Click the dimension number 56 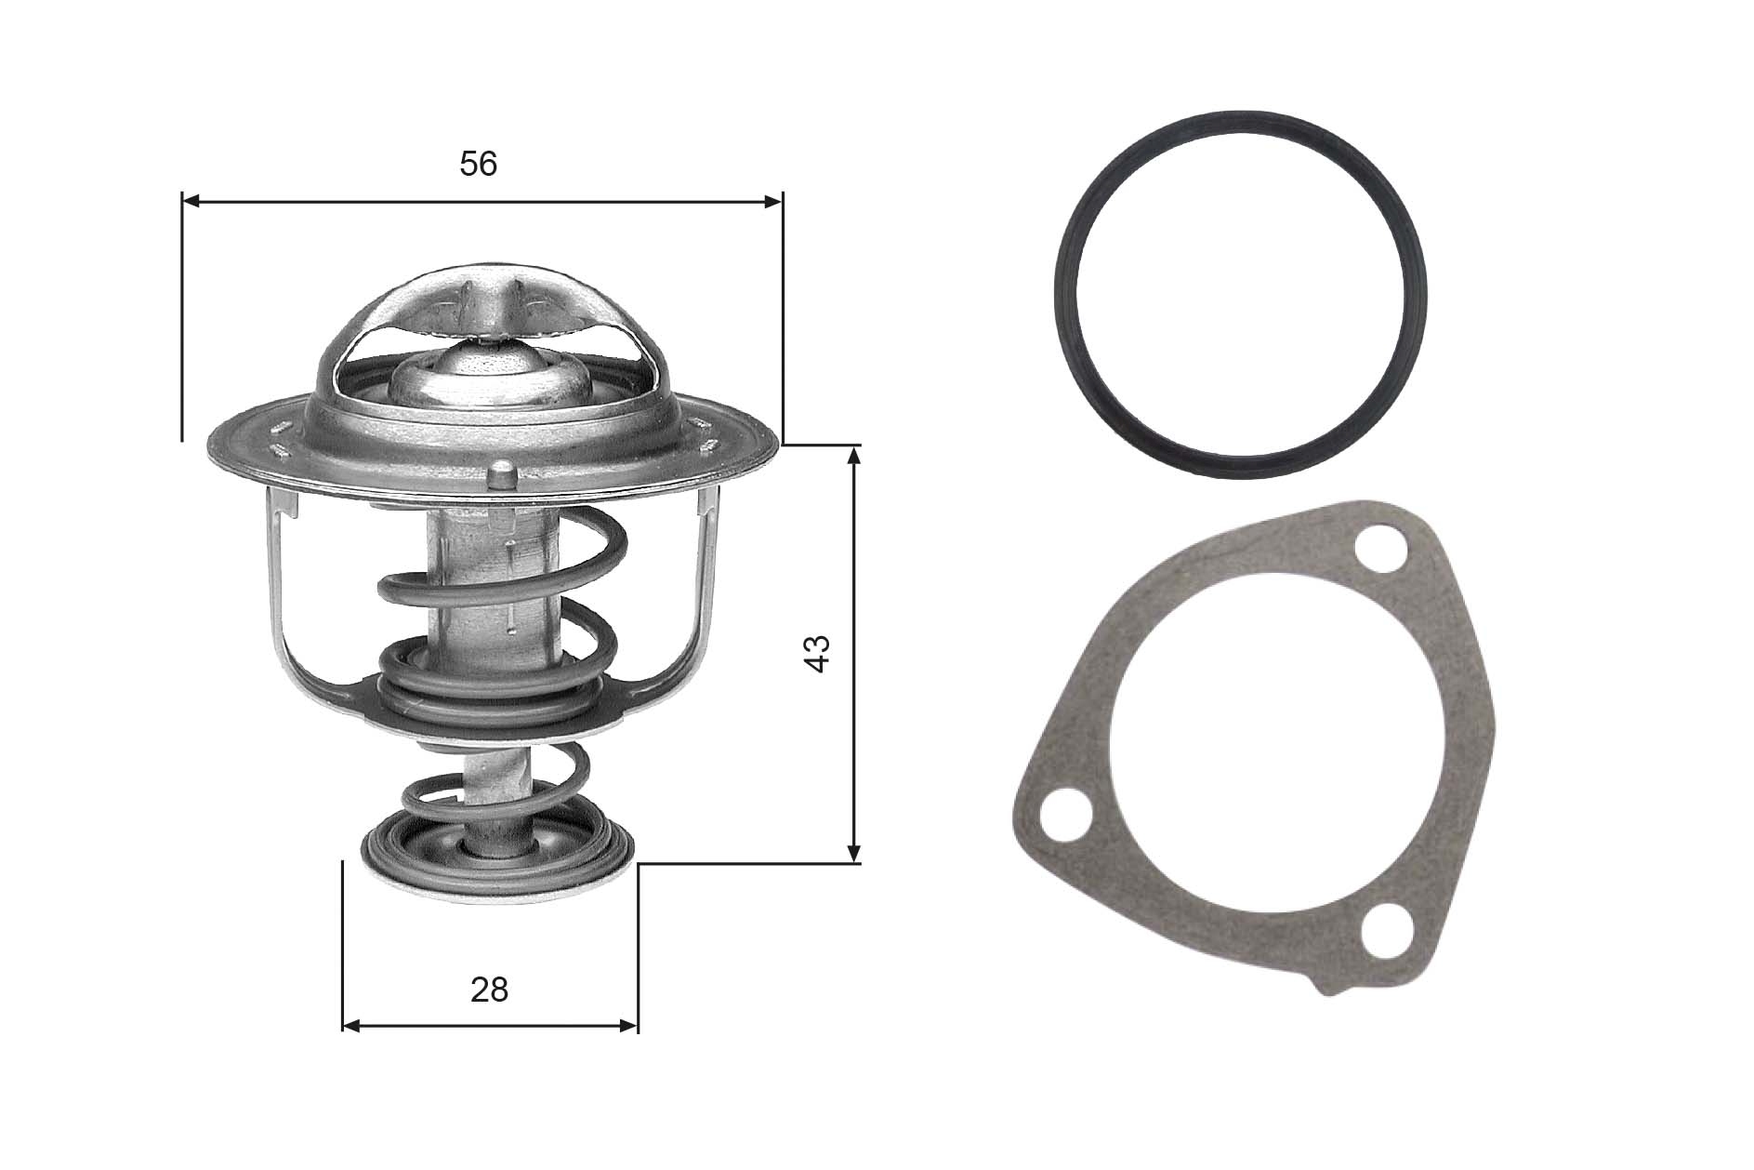(x=479, y=165)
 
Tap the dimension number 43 (x=817, y=654)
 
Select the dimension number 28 (x=490, y=990)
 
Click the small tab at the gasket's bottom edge (x=1335, y=987)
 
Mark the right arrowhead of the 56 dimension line (x=773, y=201)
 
